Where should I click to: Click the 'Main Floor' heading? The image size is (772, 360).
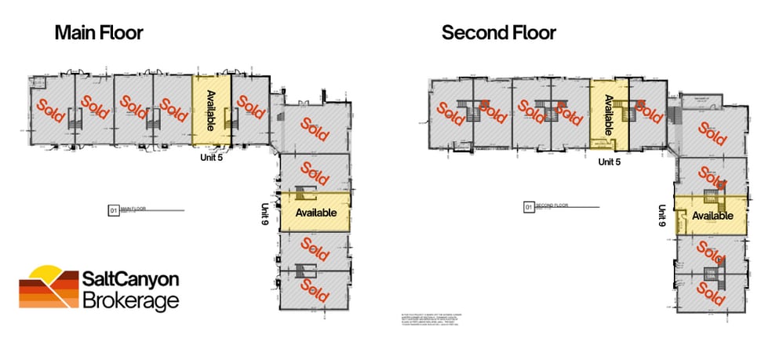tap(98, 33)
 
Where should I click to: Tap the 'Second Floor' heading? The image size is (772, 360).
tap(498, 33)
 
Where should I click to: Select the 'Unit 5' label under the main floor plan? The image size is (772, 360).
tap(213, 156)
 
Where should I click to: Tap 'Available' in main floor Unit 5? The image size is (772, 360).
tap(211, 110)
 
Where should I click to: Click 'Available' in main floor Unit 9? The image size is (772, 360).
tap(315, 213)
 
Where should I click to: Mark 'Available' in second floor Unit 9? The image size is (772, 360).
tap(712, 216)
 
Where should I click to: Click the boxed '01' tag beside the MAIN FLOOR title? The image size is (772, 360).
tap(112, 210)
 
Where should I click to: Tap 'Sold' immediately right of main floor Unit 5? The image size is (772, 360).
tap(249, 108)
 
